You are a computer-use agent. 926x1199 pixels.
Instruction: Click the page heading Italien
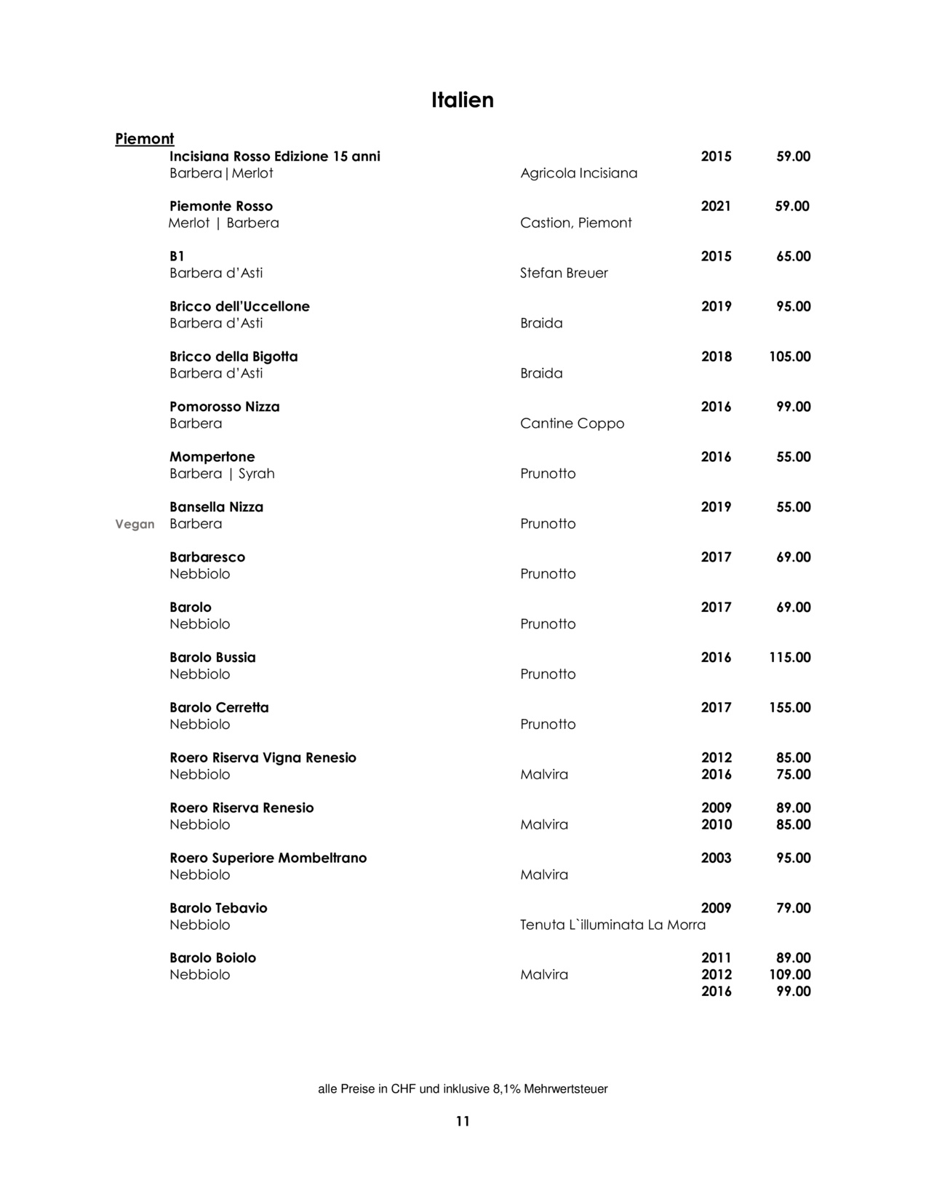462,100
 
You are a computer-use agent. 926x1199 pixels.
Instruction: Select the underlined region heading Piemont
144,138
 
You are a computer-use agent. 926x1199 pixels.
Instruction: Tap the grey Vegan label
135,524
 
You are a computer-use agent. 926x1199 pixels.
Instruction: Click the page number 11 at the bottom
463,1121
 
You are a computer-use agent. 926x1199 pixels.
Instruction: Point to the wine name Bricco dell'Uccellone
239,306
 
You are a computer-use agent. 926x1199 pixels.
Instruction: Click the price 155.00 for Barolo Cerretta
789,707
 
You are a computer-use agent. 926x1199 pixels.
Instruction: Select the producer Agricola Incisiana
578,173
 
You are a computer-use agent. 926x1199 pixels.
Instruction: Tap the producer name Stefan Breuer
564,273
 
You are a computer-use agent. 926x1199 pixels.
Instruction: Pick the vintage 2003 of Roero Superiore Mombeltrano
716,858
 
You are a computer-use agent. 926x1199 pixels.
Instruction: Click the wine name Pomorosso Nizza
224,407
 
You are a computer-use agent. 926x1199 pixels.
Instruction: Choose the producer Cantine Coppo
572,423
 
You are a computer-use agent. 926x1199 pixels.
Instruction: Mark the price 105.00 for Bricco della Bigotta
789,356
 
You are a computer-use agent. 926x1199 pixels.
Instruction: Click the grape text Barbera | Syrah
222,474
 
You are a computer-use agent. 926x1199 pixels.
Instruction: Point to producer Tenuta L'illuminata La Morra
612,925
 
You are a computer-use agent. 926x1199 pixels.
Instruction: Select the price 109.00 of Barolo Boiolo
789,974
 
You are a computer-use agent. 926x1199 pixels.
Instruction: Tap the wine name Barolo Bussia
212,657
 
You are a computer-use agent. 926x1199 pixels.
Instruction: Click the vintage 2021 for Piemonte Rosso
716,206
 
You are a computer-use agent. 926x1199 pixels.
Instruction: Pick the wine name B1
177,256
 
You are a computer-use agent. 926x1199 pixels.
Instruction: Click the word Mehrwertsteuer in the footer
565,1089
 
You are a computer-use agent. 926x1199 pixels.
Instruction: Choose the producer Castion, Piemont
575,223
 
